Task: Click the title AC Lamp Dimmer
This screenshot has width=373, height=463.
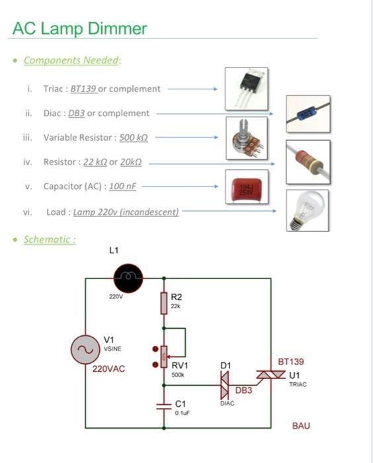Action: click(79, 28)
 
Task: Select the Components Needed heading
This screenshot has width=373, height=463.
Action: click(72, 60)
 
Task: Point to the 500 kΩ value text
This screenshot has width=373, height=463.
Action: click(133, 138)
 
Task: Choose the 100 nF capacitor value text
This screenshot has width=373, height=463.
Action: click(122, 187)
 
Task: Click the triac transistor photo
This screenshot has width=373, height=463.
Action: click(246, 88)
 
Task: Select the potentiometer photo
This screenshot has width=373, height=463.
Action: click(246, 138)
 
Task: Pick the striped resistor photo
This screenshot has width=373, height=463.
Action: click(308, 162)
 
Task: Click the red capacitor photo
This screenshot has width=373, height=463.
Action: click(246, 187)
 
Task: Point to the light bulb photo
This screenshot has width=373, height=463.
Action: click(308, 210)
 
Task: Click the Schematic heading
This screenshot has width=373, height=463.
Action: click(50, 239)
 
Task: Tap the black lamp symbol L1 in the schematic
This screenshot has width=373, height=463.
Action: click(128, 278)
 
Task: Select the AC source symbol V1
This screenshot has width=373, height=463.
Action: click(85, 349)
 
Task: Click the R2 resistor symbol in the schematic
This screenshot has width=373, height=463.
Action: click(164, 304)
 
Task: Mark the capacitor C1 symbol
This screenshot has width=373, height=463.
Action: click(164, 405)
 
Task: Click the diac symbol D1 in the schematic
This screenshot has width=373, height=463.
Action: click(224, 384)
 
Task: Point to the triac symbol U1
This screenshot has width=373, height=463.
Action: click(271, 375)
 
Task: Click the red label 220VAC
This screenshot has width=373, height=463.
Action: click(110, 369)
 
